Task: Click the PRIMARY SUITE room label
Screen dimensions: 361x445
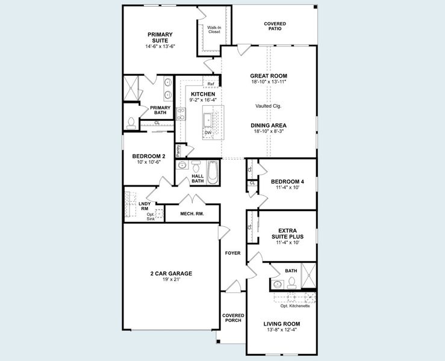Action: point(160,37)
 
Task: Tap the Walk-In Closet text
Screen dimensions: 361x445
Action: point(214,29)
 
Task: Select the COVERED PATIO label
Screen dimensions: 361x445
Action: point(275,26)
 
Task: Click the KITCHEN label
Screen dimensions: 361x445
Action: point(203,94)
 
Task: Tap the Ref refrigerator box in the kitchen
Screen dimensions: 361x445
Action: point(210,84)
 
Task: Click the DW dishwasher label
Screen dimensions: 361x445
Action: point(207,133)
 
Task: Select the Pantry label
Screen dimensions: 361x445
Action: point(179,150)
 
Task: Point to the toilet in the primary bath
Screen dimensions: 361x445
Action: point(131,122)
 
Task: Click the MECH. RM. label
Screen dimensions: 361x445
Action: point(191,214)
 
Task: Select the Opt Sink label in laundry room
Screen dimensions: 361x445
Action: point(151,216)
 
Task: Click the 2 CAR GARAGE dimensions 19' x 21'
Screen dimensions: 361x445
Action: point(171,279)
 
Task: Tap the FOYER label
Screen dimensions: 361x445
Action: point(232,253)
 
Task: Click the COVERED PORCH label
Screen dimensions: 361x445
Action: point(232,318)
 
